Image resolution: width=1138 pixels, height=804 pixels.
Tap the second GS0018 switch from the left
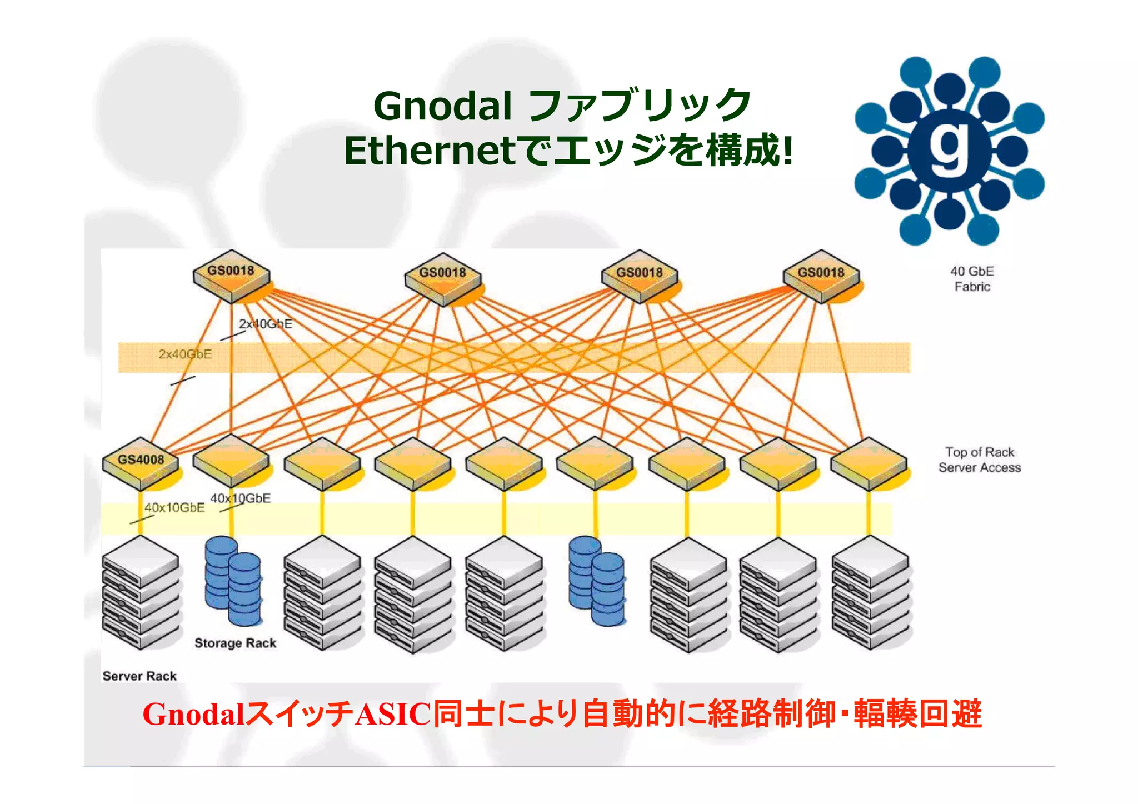[x=443, y=277]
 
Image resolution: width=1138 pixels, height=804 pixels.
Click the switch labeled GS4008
[x=141, y=463]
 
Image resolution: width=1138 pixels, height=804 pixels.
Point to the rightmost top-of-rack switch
[x=869, y=463]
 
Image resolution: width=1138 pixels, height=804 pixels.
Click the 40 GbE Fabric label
[x=972, y=279]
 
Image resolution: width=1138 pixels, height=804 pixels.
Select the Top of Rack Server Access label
[x=980, y=460]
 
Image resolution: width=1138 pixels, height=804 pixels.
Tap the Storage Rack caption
[x=235, y=643]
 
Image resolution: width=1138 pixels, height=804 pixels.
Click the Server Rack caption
[x=139, y=676]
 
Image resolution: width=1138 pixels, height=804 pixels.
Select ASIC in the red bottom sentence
[x=393, y=715]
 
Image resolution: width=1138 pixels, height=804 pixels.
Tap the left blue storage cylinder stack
[x=232, y=581]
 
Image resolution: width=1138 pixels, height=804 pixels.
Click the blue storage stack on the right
[x=596, y=581]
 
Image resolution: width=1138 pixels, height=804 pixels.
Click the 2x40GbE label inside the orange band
[x=185, y=354]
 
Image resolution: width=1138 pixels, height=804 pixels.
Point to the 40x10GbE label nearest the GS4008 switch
[x=174, y=508]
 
